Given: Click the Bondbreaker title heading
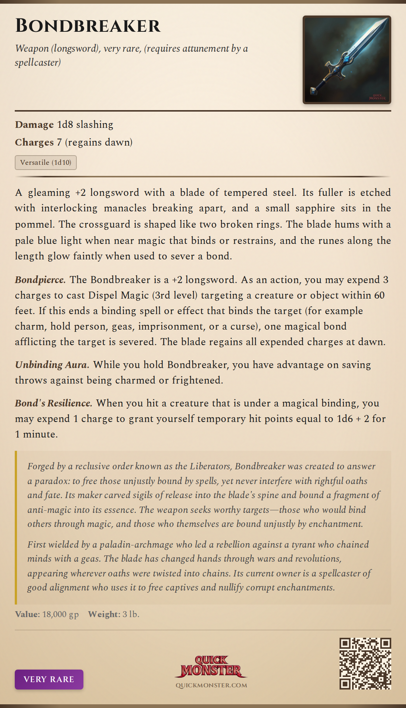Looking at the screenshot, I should coord(88,26).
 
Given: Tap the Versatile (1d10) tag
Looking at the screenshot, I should coord(46,163).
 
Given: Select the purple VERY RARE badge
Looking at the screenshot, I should coord(49,679).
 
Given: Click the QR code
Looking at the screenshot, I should coord(365,663).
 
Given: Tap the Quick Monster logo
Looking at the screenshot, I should coord(211,667).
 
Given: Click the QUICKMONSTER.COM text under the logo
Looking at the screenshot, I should coord(211,685).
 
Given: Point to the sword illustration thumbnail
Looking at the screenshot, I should coord(347,60).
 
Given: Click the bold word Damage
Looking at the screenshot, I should coord(34,125).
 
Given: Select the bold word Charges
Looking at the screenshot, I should coord(34,142).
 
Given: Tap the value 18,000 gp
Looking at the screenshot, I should coord(61,614).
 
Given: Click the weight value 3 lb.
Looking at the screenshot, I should coord(131,614).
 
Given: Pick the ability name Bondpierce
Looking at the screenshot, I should coord(40,280).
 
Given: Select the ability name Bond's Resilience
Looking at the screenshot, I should coord(54,403).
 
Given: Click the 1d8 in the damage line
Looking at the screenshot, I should coord(65,125).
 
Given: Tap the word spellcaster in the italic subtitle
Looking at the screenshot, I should coord(38,62).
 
